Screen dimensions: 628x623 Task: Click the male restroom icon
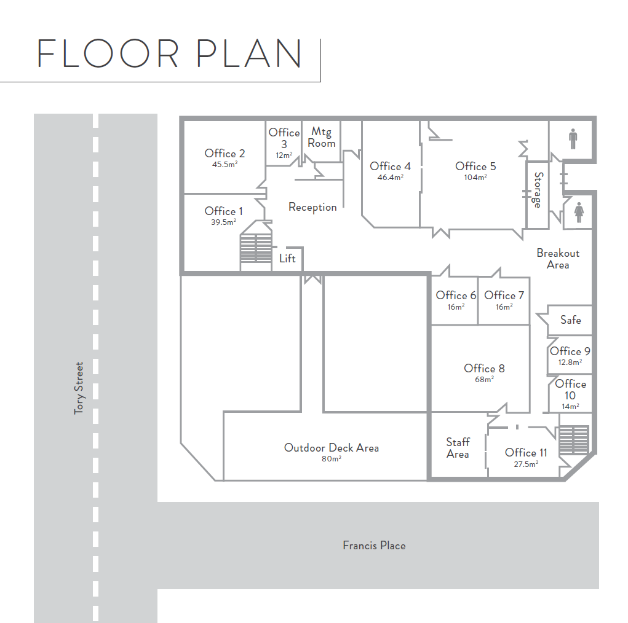coord(573,139)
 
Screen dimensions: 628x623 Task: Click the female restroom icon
coord(579,213)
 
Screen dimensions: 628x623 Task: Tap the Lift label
coord(287,259)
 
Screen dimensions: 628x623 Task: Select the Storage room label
coord(538,190)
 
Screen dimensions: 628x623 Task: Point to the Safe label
coord(570,319)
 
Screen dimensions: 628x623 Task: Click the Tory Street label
coord(79,388)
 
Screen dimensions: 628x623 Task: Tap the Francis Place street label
coord(374,546)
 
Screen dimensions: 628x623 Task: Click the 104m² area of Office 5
coord(475,178)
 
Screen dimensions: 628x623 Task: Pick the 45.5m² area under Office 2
coord(225,164)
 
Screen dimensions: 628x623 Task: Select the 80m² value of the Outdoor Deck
coord(331,458)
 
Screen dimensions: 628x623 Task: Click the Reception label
coord(312,207)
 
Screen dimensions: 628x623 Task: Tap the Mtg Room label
coord(321,137)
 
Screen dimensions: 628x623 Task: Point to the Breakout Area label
coord(558,259)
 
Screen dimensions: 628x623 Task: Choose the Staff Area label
coord(458,448)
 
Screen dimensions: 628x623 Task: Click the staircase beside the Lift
coord(256,248)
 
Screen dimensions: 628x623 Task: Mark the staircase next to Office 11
coord(573,440)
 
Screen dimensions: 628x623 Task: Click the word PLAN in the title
coord(248,53)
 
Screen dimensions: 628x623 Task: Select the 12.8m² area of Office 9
coord(570,362)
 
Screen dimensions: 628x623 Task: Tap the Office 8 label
coord(484,368)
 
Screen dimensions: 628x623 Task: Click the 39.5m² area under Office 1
coord(223,222)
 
